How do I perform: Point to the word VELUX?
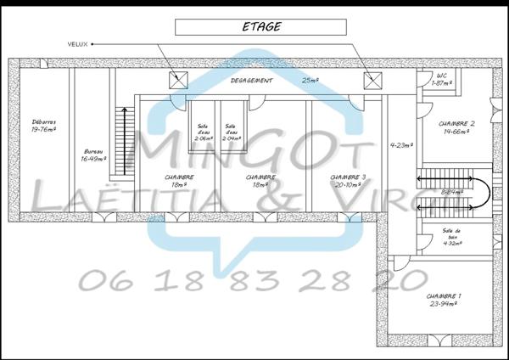tap(78, 42)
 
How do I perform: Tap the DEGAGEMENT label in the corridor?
tap(252, 81)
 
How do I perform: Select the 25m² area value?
tap(310, 81)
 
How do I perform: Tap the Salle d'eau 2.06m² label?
tap(203, 132)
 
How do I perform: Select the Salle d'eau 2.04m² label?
tap(231, 132)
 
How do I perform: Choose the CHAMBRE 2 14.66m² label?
tap(456, 127)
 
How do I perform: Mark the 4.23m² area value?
tap(400, 145)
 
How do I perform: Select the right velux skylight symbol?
tap(372, 81)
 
